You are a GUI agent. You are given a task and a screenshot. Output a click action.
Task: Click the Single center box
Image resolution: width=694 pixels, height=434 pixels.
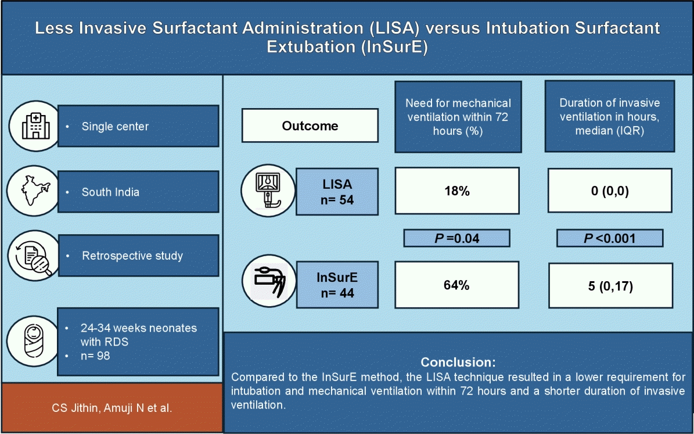(138, 126)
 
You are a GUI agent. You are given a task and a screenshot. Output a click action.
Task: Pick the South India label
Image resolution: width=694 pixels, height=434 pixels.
(110, 192)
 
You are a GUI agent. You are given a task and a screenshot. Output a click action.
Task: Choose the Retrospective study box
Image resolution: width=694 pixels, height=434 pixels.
(138, 256)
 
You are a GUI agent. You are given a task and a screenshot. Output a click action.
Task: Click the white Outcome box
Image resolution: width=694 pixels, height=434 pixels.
(310, 125)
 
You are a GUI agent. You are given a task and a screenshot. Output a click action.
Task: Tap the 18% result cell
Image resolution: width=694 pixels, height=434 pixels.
(457, 191)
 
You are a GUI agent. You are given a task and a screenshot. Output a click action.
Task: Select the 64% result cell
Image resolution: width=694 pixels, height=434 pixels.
(457, 285)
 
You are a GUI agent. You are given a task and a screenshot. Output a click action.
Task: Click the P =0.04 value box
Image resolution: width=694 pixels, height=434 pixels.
(457, 238)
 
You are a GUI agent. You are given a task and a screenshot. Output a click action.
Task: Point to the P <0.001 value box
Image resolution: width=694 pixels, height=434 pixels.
(609, 238)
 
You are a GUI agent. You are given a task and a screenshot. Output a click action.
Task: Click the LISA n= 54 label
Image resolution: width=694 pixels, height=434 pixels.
(337, 191)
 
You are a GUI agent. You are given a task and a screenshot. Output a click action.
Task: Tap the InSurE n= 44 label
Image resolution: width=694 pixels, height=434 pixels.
(337, 285)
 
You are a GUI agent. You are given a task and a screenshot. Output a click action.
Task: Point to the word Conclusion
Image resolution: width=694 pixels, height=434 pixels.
(458, 362)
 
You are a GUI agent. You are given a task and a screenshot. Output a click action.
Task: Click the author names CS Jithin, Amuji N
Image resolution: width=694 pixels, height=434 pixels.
(112, 407)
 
